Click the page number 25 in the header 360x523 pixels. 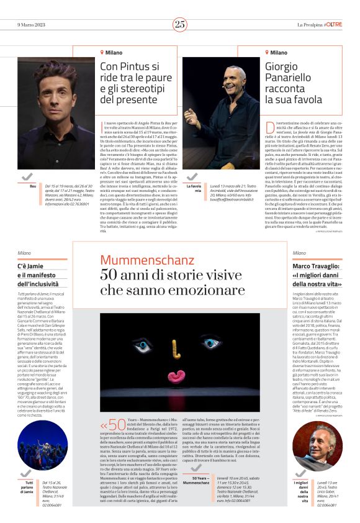coord(180,24)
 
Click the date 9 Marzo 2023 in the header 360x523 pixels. coord(33,24)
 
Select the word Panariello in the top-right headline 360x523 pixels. coord(289,78)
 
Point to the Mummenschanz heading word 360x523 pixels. coord(138,259)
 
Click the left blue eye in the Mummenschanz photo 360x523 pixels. coord(145,344)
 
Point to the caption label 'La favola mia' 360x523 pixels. coord(194,188)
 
